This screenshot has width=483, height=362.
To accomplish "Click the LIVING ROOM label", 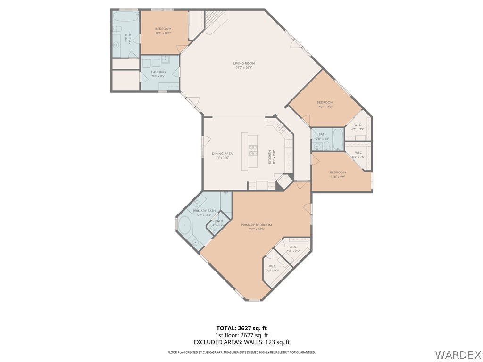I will click(244, 63).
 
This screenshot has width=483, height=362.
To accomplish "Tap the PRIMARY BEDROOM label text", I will click(256, 225).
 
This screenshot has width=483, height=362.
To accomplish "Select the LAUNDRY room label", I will click(158, 72).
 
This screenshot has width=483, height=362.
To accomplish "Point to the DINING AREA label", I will click(222, 153).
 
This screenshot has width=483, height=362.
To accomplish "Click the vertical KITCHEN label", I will click(270, 156).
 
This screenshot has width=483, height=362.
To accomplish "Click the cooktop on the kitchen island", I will click(252, 150).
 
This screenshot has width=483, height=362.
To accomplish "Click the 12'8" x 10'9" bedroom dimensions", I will click(163, 33).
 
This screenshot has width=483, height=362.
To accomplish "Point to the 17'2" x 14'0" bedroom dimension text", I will click(325, 107).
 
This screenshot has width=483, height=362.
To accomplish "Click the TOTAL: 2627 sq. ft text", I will click(241, 328).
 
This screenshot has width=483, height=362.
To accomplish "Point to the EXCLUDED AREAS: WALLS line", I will click(241, 342).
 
